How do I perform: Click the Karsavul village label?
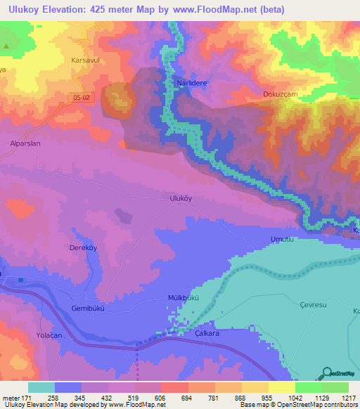pos(86,60)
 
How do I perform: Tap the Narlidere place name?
pos(189,82)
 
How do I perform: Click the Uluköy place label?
pos(181,199)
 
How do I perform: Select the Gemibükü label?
pos(88,309)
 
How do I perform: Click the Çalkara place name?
pos(207,333)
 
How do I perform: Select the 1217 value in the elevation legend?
pos(340,398)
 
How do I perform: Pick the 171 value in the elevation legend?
pos(27,398)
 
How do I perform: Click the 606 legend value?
pos(161,398)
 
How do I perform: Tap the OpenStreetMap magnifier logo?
pos(326,373)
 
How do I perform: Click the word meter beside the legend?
pos(11,398)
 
